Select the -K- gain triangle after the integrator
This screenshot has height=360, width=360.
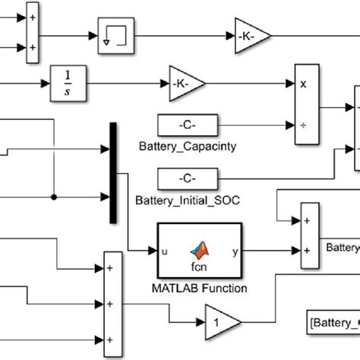point(182,82)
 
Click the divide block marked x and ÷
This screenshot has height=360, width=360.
point(305,105)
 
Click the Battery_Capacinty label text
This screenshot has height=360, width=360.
point(187,145)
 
